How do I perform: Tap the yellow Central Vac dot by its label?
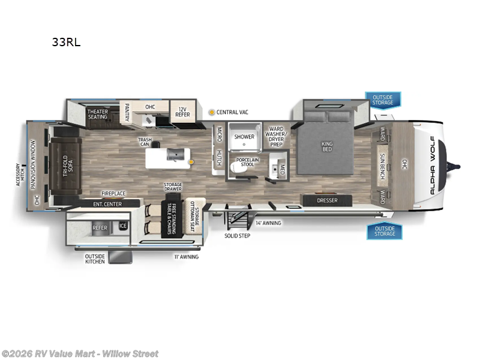pyautogui.click(x=211, y=112)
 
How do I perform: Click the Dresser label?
pyautogui.click(x=327, y=200)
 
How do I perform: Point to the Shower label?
pyautogui.click(x=244, y=137)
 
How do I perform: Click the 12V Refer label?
pyautogui.click(x=182, y=112)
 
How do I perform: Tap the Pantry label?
pyautogui.click(x=127, y=112)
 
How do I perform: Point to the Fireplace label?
pyautogui.click(x=113, y=194)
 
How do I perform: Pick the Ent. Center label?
pyautogui.click(x=108, y=205)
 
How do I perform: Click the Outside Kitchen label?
pyautogui.click(x=95, y=259)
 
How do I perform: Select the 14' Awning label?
pyautogui.click(x=268, y=223)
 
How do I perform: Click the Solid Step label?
pyautogui.click(x=238, y=235)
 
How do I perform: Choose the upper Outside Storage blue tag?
pyautogui.click(x=383, y=100)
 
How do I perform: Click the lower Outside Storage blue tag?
pyautogui.click(x=384, y=231)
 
